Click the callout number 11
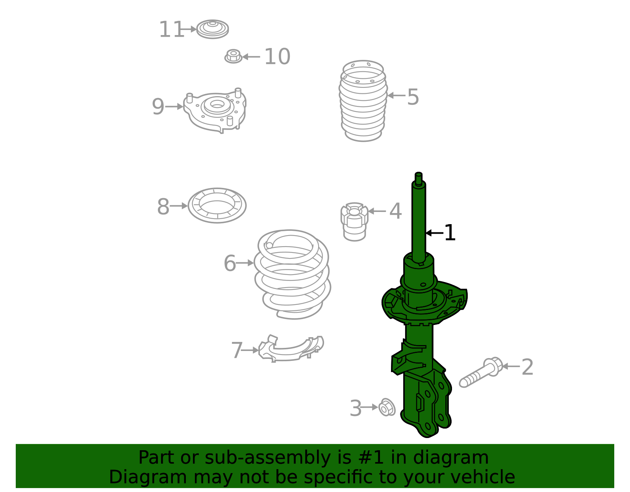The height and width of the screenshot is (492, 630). [x=171, y=30]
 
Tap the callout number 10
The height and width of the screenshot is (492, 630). [x=277, y=57]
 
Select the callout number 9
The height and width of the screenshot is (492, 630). [x=158, y=107]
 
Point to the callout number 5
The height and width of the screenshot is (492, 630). [x=413, y=97]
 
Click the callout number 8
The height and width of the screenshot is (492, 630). [x=163, y=206]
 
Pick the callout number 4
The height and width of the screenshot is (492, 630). [x=395, y=211]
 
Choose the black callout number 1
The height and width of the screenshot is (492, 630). [x=449, y=233]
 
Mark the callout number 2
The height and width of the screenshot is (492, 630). [x=527, y=367]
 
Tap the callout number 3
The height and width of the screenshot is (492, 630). [x=356, y=408]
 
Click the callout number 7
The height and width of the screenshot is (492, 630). [x=237, y=350]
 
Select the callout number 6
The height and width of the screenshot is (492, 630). [x=230, y=263]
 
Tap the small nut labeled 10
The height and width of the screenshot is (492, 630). [x=233, y=56]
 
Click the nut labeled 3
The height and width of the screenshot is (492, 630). [x=387, y=407]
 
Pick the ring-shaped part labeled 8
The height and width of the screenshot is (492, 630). [x=217, y=205]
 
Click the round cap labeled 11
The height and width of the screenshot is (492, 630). [x=213, y=29]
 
